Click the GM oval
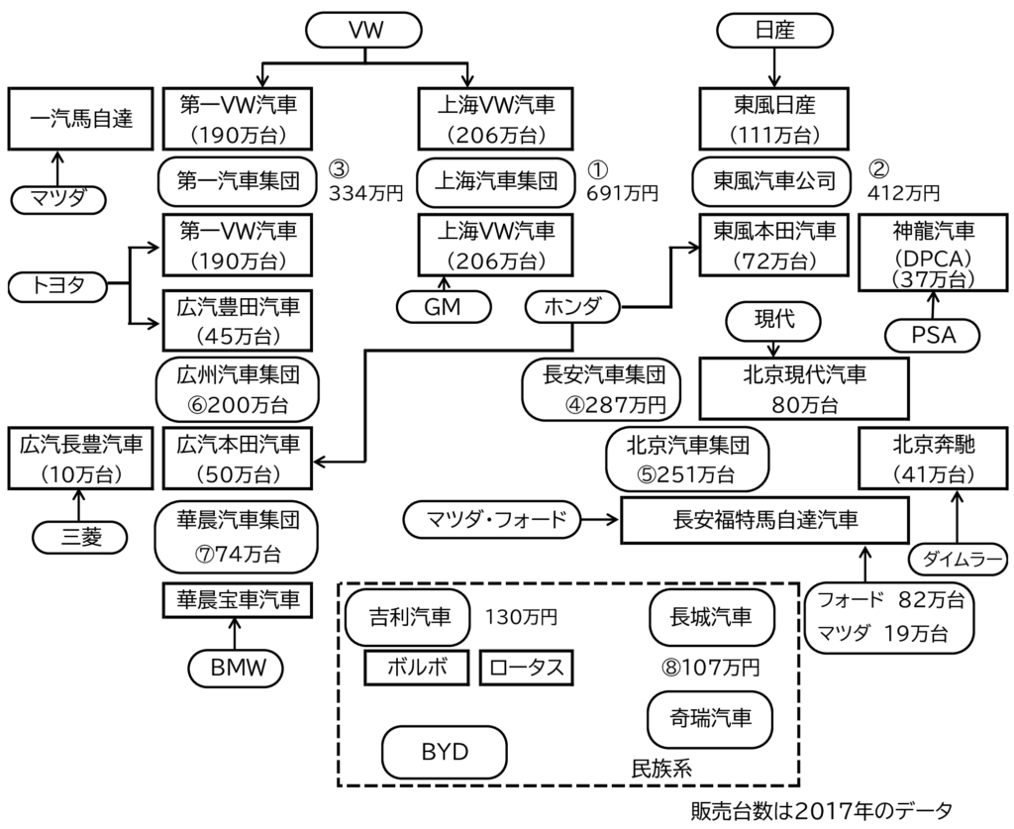click(x=443, y=307)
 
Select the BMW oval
click(x=237, y=668)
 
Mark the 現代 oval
click(x=775, y=320)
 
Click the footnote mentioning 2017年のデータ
click(x=822, y=810)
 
